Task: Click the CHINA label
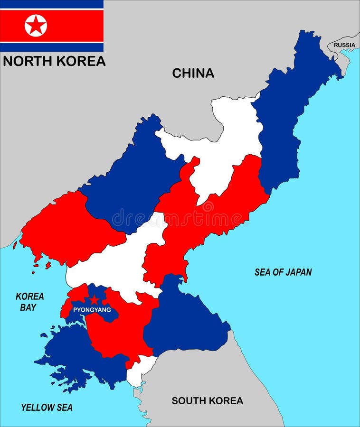point(193,73)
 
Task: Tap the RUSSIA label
point(344,45)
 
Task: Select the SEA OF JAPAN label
point(283,272)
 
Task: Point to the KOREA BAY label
point(29,302)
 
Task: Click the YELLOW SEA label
point(47,407)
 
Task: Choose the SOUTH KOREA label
point(207,400)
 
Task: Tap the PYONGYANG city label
point(92,310)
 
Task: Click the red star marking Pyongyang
point(95,300)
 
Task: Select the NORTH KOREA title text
point(54,61)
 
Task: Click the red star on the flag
point(36,25)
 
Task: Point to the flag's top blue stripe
point(51,4)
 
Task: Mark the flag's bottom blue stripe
point(51,47)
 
